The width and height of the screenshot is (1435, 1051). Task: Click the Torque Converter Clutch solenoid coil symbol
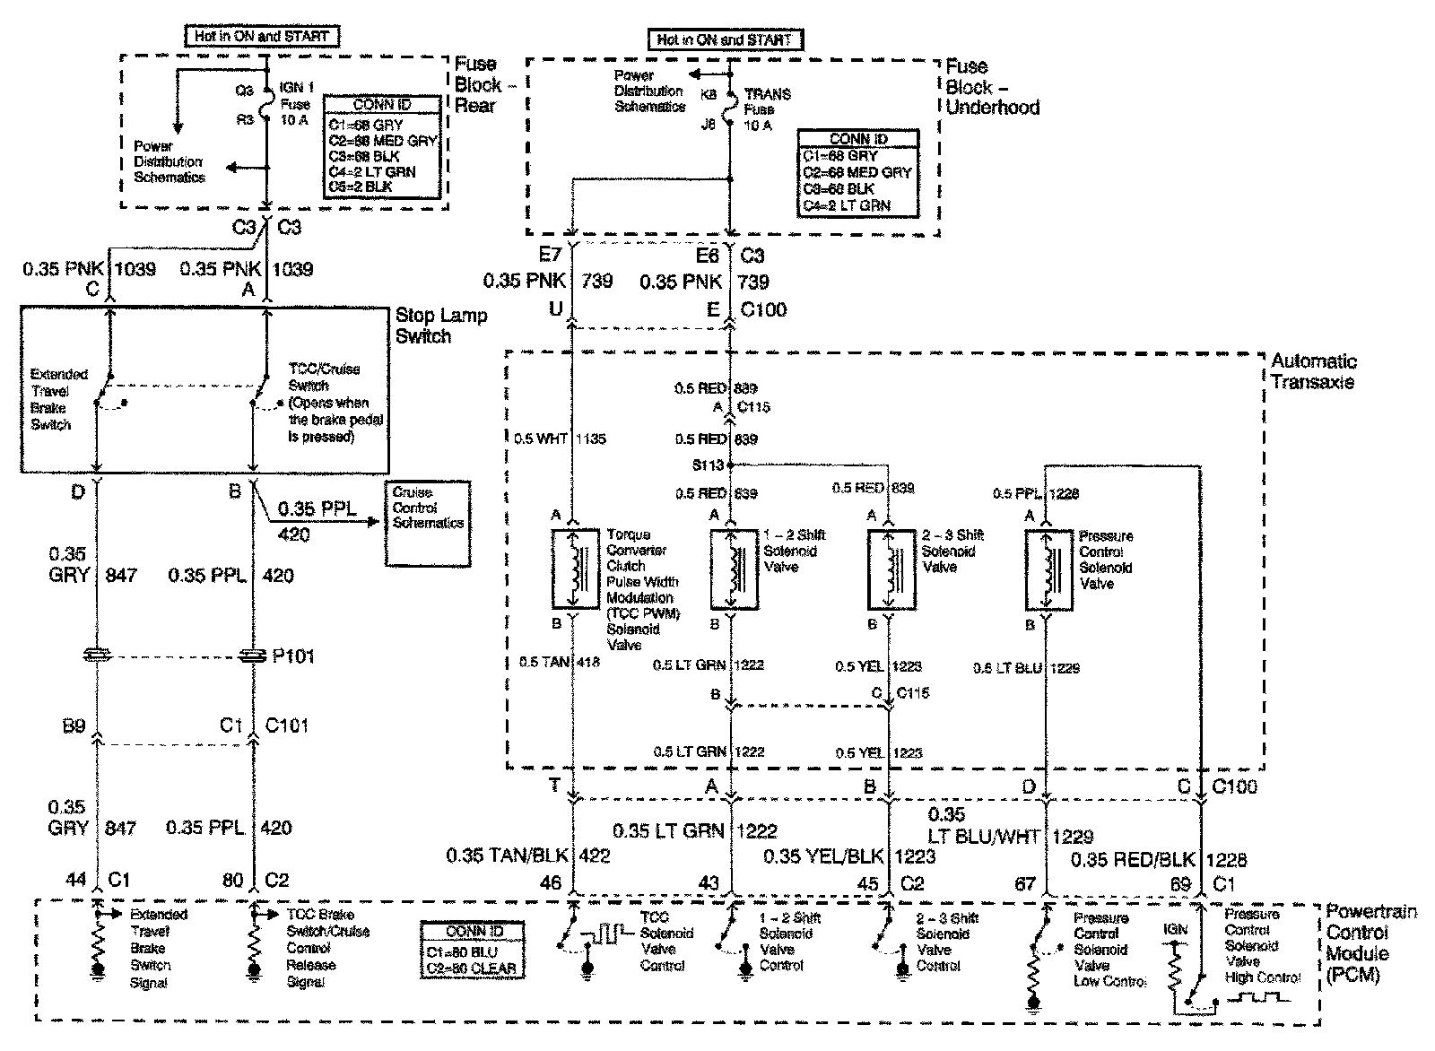coord(576,569)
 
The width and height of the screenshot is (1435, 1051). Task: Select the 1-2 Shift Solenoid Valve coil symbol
coord(734,569)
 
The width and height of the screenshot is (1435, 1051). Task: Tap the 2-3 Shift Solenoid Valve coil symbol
coord(891,569)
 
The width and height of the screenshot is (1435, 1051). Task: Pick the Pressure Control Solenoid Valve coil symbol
coord(1048,569)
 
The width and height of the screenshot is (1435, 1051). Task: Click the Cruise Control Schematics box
coord(428,523)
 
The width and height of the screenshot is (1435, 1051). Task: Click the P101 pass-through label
coord(292,656)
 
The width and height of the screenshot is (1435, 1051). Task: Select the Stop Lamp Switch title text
coord(441,326)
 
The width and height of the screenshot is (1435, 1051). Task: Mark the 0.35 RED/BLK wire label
coord(1134,860)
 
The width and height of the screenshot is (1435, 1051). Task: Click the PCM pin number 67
coord(1025,884)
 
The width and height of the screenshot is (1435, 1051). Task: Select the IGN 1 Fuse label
coord(295,104)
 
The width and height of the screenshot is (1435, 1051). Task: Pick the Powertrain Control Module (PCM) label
coord(1370,943)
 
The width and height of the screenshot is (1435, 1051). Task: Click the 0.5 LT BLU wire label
coord(1007,668)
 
